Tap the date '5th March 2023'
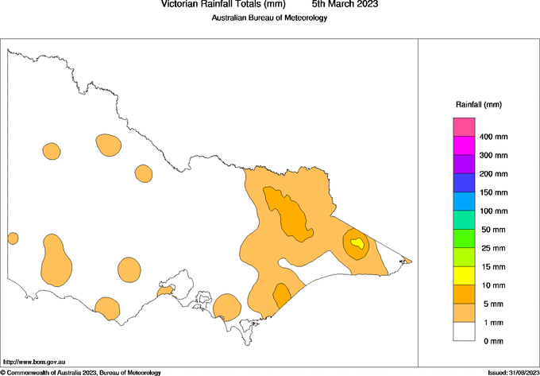point(345,5)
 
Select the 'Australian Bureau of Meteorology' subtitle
point(269,18)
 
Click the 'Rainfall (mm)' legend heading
point(478,105)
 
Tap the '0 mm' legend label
point(492,341)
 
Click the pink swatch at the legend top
point(464,126)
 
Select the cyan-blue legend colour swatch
point(464,201)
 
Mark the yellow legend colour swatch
point(464,275)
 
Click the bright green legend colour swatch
point(464,238)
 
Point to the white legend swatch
point(464,331)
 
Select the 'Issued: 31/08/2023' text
point(512,372)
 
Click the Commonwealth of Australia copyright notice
point(81,372)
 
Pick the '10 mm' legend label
point(492,285)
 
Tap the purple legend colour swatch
point(464,164)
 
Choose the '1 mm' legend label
point(492,323)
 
